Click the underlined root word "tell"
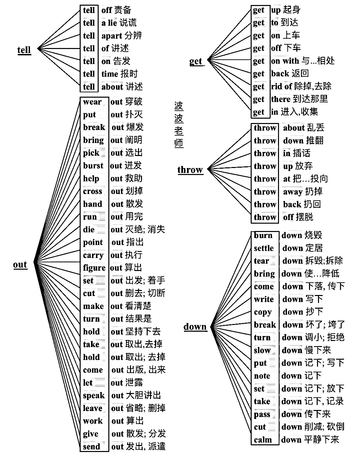24,50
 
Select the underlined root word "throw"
190,170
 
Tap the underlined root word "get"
196,61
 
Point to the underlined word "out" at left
20,265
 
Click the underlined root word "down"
195,327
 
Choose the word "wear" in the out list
92,102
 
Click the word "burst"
93,166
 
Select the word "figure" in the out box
94,268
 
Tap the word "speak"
94,396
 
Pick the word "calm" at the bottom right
263,440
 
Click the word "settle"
264,248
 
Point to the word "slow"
262,351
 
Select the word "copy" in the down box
263,312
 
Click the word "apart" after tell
112,36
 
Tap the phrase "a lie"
109,23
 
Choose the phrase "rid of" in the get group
282,86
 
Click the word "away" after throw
293,192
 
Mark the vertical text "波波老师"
179,125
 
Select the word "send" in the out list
91,447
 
